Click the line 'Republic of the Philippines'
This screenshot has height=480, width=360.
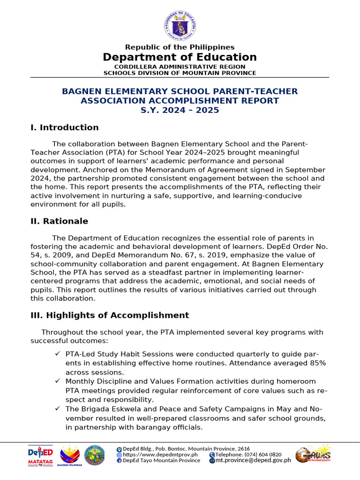tap(180, 47)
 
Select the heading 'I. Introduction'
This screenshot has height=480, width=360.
tap(65, 127)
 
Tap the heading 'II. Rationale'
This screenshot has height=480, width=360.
tap(60, 221)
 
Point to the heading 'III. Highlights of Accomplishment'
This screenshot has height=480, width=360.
tap(110, 315)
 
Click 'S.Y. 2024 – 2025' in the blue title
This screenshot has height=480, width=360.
tap(180, 111)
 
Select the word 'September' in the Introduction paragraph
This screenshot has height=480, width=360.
tap(305, 170)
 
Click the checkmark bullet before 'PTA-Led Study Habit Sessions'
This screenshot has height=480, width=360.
tap(58, 354)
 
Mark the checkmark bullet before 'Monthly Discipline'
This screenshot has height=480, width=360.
tap(58, 382)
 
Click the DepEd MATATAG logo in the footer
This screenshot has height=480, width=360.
tap(41, 455)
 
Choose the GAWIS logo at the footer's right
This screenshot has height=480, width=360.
tap(313, 454)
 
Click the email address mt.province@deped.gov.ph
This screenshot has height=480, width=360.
tap(253, 460)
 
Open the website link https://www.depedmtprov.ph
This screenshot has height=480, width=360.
tap(160, 454)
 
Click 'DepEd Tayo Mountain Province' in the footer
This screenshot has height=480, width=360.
tap(161, 460)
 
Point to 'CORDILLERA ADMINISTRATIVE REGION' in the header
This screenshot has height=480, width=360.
tap(180, 67)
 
